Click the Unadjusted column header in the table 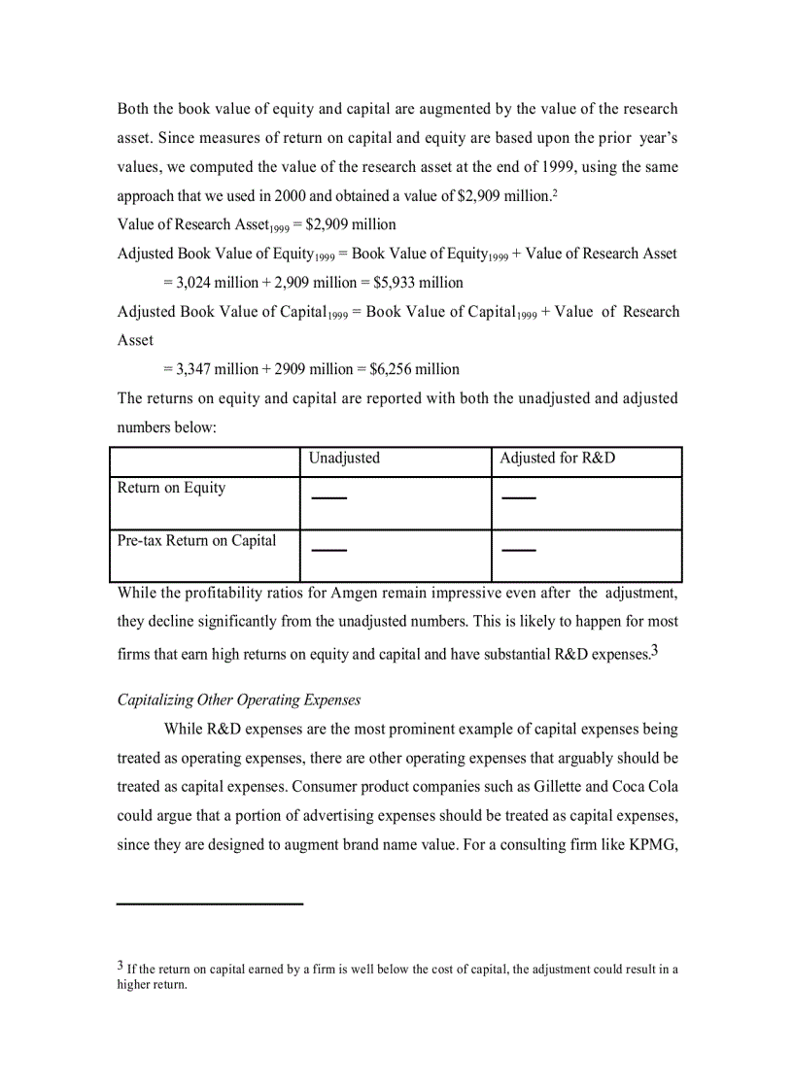(344, 458)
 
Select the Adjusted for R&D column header (557, 458)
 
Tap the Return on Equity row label (171, 488)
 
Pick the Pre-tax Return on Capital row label (196, 540)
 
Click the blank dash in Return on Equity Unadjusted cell (328, 498)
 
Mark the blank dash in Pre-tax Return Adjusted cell (519, 551)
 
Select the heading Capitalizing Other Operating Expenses (239, 699)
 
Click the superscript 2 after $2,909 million (555, 192)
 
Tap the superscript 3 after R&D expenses (655, 651)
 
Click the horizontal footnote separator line (210, 904)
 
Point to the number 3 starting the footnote (121, 966)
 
